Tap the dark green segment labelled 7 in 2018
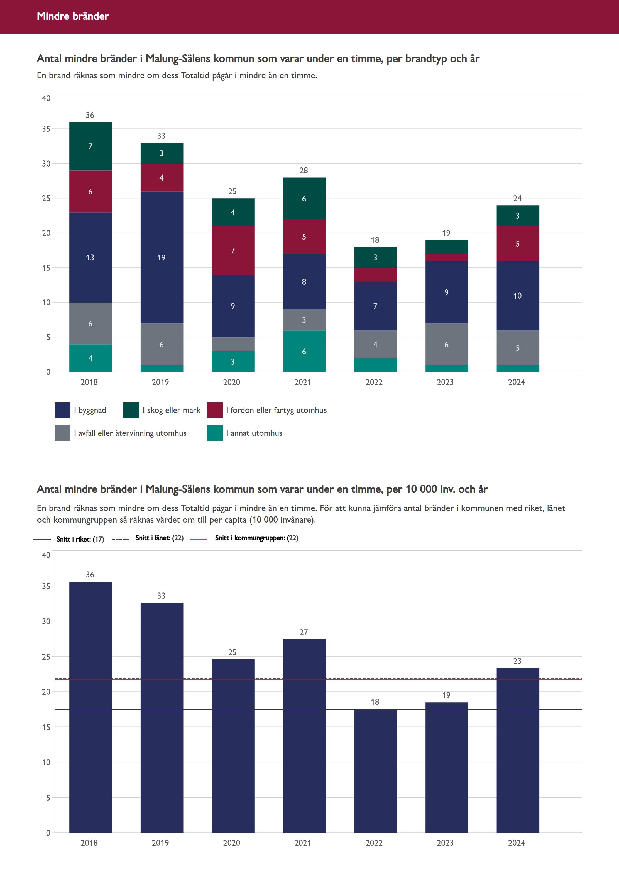[90, 146]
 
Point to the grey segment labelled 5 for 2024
[517, 348]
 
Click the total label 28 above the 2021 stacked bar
[304, 170]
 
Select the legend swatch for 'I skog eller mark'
[131, 410]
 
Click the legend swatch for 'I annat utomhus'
[214, 433]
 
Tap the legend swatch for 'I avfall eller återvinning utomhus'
[62, 433]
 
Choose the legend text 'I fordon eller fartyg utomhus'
[276, 410]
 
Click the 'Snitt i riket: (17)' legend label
[80, 539]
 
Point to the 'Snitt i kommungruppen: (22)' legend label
[256, 538]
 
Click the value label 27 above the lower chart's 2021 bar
[304, 632]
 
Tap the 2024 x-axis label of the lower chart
[516, 843]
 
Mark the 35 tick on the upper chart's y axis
[46, 129]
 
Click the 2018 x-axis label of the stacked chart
[89, 382]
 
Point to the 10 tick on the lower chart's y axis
[46, 762]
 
